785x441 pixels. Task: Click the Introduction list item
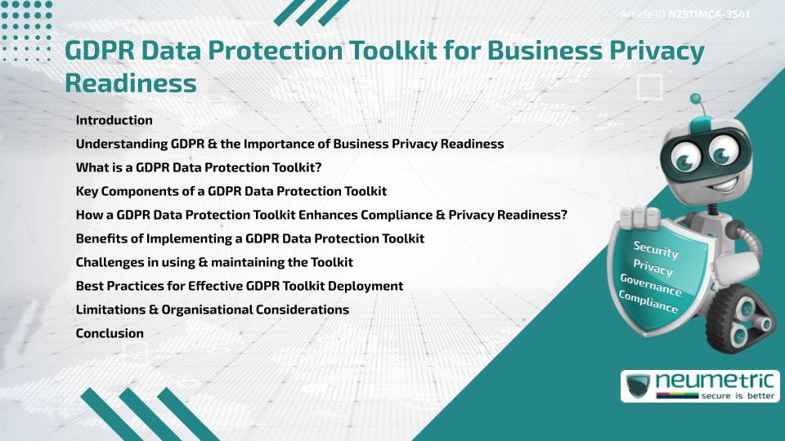(114, 120)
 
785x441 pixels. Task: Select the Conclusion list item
(110, 333)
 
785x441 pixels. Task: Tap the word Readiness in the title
(130, 82)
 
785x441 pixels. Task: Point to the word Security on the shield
(656, 249)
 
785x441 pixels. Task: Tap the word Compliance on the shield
(648, 302)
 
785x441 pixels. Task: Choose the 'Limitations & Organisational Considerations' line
(212, 310)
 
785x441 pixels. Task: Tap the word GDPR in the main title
(99, 52)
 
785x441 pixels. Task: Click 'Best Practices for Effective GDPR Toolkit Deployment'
(239, 286)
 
